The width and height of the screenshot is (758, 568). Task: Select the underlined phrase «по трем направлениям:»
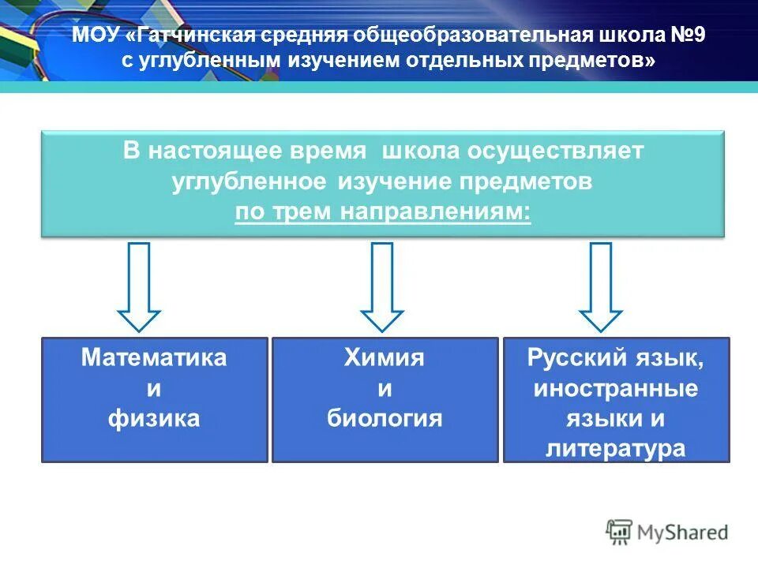[382, 212]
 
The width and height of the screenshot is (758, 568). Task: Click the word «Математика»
[154, 357]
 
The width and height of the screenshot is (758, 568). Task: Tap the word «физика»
[154, 418]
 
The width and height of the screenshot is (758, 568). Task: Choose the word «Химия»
[385, 357]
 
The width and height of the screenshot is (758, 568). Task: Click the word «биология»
[385, 418]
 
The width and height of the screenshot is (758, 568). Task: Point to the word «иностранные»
[616, 388]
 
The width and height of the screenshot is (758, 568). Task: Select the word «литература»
[616, 449]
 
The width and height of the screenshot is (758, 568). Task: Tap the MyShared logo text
[682, 532]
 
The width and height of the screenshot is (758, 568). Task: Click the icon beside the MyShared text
[619, 532]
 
